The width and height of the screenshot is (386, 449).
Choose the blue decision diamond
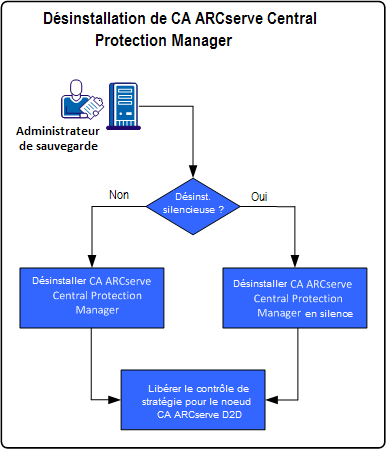(x=193, y=206)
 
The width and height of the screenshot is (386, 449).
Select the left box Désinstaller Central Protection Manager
(x=90, y=297)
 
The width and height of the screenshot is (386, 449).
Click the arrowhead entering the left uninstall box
(x=90, y=261)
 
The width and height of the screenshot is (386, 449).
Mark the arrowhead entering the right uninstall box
(x=296, y=262)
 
